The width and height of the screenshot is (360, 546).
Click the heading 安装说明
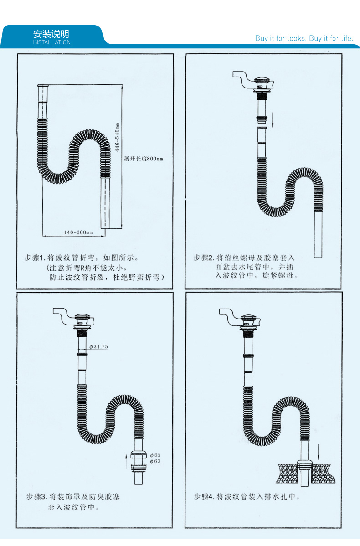tap(51, 34)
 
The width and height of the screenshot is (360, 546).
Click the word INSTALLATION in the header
tap(51, 42)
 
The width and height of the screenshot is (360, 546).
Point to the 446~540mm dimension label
tap(117, 137)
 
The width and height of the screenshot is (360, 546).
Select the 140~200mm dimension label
tap(78, 232)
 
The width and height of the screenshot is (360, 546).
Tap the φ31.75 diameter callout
tap(98, 346)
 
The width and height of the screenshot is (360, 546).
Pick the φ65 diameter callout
tap(155, 455)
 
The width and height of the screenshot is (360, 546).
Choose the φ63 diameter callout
tap(155, 461)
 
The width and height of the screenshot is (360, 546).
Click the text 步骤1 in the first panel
tap(35, 258)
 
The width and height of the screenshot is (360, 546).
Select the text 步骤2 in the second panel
tap(204, 258)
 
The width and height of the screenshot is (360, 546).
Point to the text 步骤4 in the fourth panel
tap(204, 496)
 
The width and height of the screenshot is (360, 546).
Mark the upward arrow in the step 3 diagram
tap(126, 460)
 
